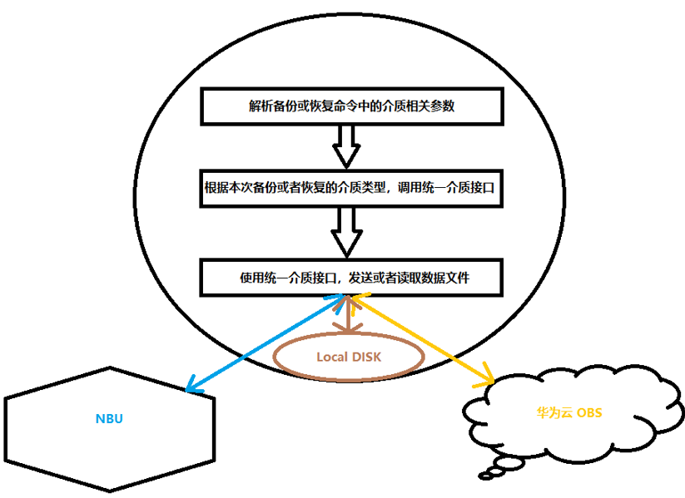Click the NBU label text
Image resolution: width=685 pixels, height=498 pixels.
pos(109,418)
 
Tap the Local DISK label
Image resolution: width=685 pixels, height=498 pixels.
pos(349,357)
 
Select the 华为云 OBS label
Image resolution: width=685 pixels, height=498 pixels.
pos(569,412)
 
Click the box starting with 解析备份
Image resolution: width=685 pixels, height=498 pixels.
pos(352,106)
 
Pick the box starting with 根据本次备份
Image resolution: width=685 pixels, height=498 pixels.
pos(352,189)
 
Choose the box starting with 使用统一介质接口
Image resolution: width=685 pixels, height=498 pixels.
pos(352,278)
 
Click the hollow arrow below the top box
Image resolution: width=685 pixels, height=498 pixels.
pos(346,146)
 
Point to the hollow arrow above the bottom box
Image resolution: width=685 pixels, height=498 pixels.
pos(347,232)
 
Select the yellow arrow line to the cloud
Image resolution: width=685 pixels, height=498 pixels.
pos(423,339)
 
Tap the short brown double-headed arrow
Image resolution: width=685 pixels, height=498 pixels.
pos(348,314)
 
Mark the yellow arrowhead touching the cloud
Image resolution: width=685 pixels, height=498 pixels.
pos(486,380)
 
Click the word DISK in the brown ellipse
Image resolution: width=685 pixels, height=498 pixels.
pos(366,357)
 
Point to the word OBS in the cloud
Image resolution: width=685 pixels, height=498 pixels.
pos(589,412)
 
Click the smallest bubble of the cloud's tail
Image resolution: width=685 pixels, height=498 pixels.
pos(484,476)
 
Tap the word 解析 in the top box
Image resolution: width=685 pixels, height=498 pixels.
pos(261,106)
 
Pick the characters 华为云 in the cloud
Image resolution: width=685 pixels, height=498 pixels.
pos(554,412)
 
